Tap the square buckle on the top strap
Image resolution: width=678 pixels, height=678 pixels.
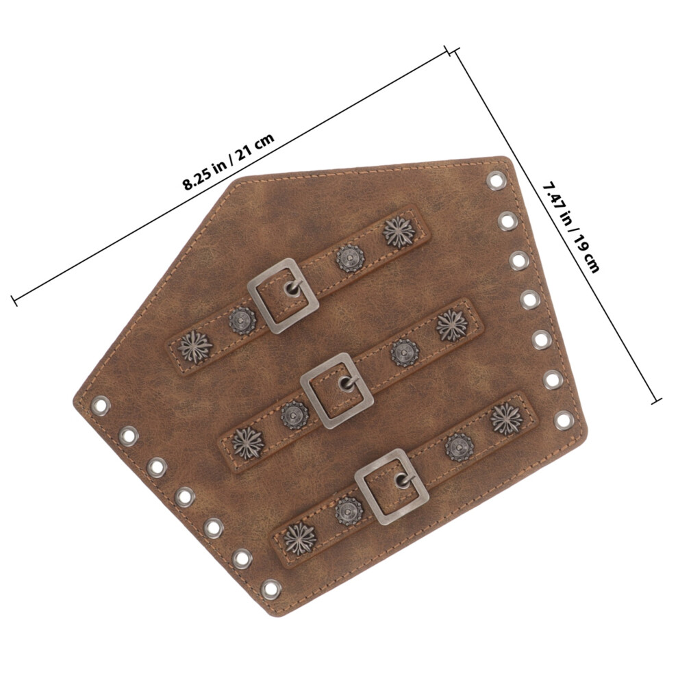point(284,296)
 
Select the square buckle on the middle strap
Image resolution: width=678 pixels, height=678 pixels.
point(337,390)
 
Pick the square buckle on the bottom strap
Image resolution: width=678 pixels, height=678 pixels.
point(391,486)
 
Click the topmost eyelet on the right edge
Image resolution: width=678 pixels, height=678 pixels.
point(496,180)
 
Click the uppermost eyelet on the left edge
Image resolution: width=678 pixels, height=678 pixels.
point(100,405)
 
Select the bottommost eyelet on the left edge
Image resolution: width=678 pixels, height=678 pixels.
point(271,589)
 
